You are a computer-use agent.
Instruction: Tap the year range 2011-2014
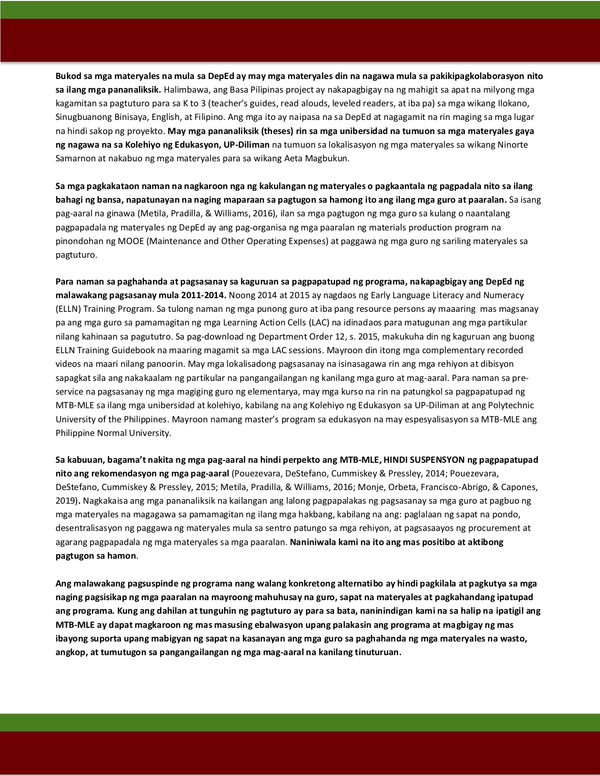point(203,295)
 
